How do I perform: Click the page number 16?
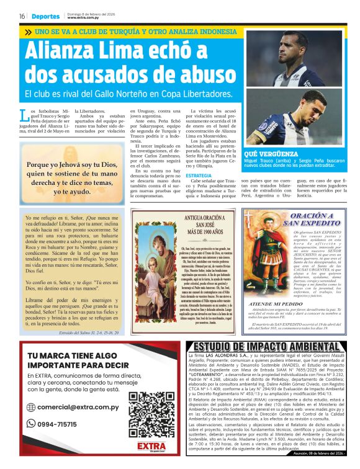click(22, 16)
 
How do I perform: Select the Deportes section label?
click(47, 16)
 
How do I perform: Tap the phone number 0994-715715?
click(68, 424)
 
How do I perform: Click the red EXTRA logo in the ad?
click(151, 446)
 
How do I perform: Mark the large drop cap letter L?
click(24, 115)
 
